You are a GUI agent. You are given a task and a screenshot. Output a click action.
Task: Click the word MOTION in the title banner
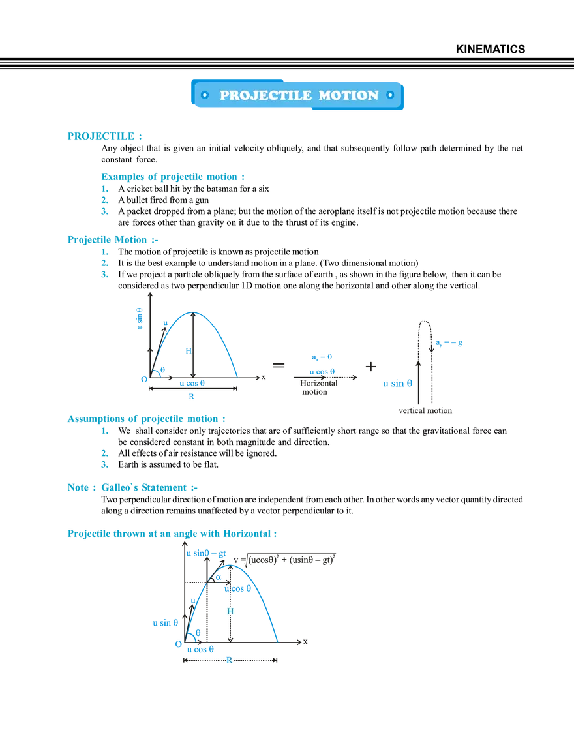(348, 95)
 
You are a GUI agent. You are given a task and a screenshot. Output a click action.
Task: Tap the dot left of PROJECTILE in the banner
(205, 95)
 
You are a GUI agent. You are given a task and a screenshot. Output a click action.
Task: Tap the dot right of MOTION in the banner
(390, 95)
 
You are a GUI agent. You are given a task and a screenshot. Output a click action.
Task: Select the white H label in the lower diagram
(230, 611)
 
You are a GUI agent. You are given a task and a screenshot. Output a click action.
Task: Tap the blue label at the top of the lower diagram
(207, 554)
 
